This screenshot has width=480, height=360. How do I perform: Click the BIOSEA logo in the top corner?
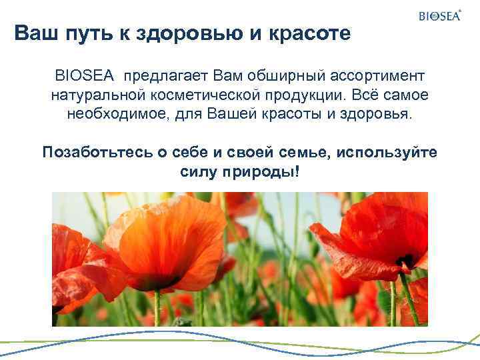(440, 16)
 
